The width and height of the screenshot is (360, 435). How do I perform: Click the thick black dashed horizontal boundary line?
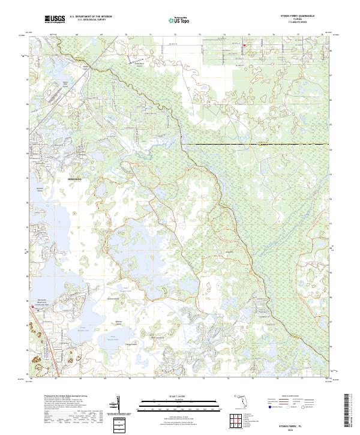click(x=258, y=145)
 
